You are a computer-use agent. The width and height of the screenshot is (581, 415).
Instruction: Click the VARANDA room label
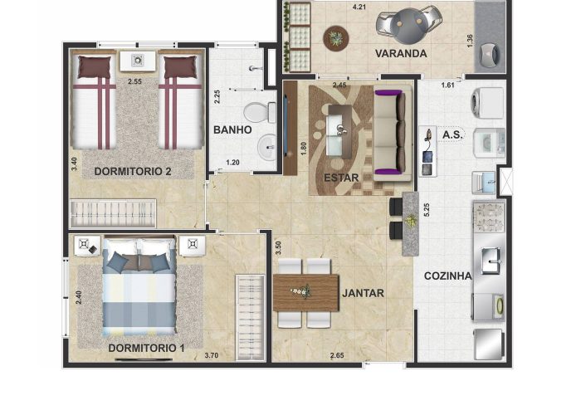pyautogui.click(x=401, y=53)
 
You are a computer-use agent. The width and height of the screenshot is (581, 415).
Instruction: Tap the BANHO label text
pyautogui.click(x=232, y=130)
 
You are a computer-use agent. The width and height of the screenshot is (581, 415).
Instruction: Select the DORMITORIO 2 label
pyautogui.click(x=133, y=172)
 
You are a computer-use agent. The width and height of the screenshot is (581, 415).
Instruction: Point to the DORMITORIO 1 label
pyautogui.click(x=146, y=349)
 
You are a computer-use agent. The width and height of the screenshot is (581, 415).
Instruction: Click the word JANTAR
pyautogui.click(x=363, y=294)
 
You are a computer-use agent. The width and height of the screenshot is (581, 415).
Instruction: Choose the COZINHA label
pyautogui.click(x=448, y=276)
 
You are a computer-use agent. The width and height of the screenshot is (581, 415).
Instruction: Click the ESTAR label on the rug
pyautogui.click(x=341, y=178)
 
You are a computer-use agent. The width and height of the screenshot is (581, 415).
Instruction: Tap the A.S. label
pyautogui.click(x=452, y=134)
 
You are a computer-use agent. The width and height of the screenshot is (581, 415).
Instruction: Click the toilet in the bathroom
pyautogui.click(x=260, y=112)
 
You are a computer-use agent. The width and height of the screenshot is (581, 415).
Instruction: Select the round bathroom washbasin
pyautogui.click(x=266, y=147)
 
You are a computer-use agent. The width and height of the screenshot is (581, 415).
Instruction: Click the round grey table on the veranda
pyautogui.click(x=408, y=26)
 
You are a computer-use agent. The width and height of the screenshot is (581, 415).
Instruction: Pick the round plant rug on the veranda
pyautogui.click(x=336, y=38)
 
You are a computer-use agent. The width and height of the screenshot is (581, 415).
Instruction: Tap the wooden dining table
pyautogui.click(x=306, y=293)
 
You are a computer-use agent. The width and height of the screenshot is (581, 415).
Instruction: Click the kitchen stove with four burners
pyautogui.click(x=489, y=217)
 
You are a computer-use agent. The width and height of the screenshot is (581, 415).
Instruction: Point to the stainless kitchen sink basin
pyautogui.click(x=491, y=261)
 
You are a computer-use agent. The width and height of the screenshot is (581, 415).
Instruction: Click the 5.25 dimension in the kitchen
pyautogui.click(x=427, y=210)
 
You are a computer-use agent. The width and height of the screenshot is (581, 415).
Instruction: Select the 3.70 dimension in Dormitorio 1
pyautogui.click(x=211, y=356)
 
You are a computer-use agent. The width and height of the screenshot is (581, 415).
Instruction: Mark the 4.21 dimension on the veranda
pyautogui.click(x=359, y=7)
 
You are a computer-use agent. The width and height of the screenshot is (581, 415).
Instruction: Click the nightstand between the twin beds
pyautogui.click(x=138, y=61)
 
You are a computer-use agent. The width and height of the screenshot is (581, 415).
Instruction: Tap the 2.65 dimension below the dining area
pyautogui.click(x=337, y=356)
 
